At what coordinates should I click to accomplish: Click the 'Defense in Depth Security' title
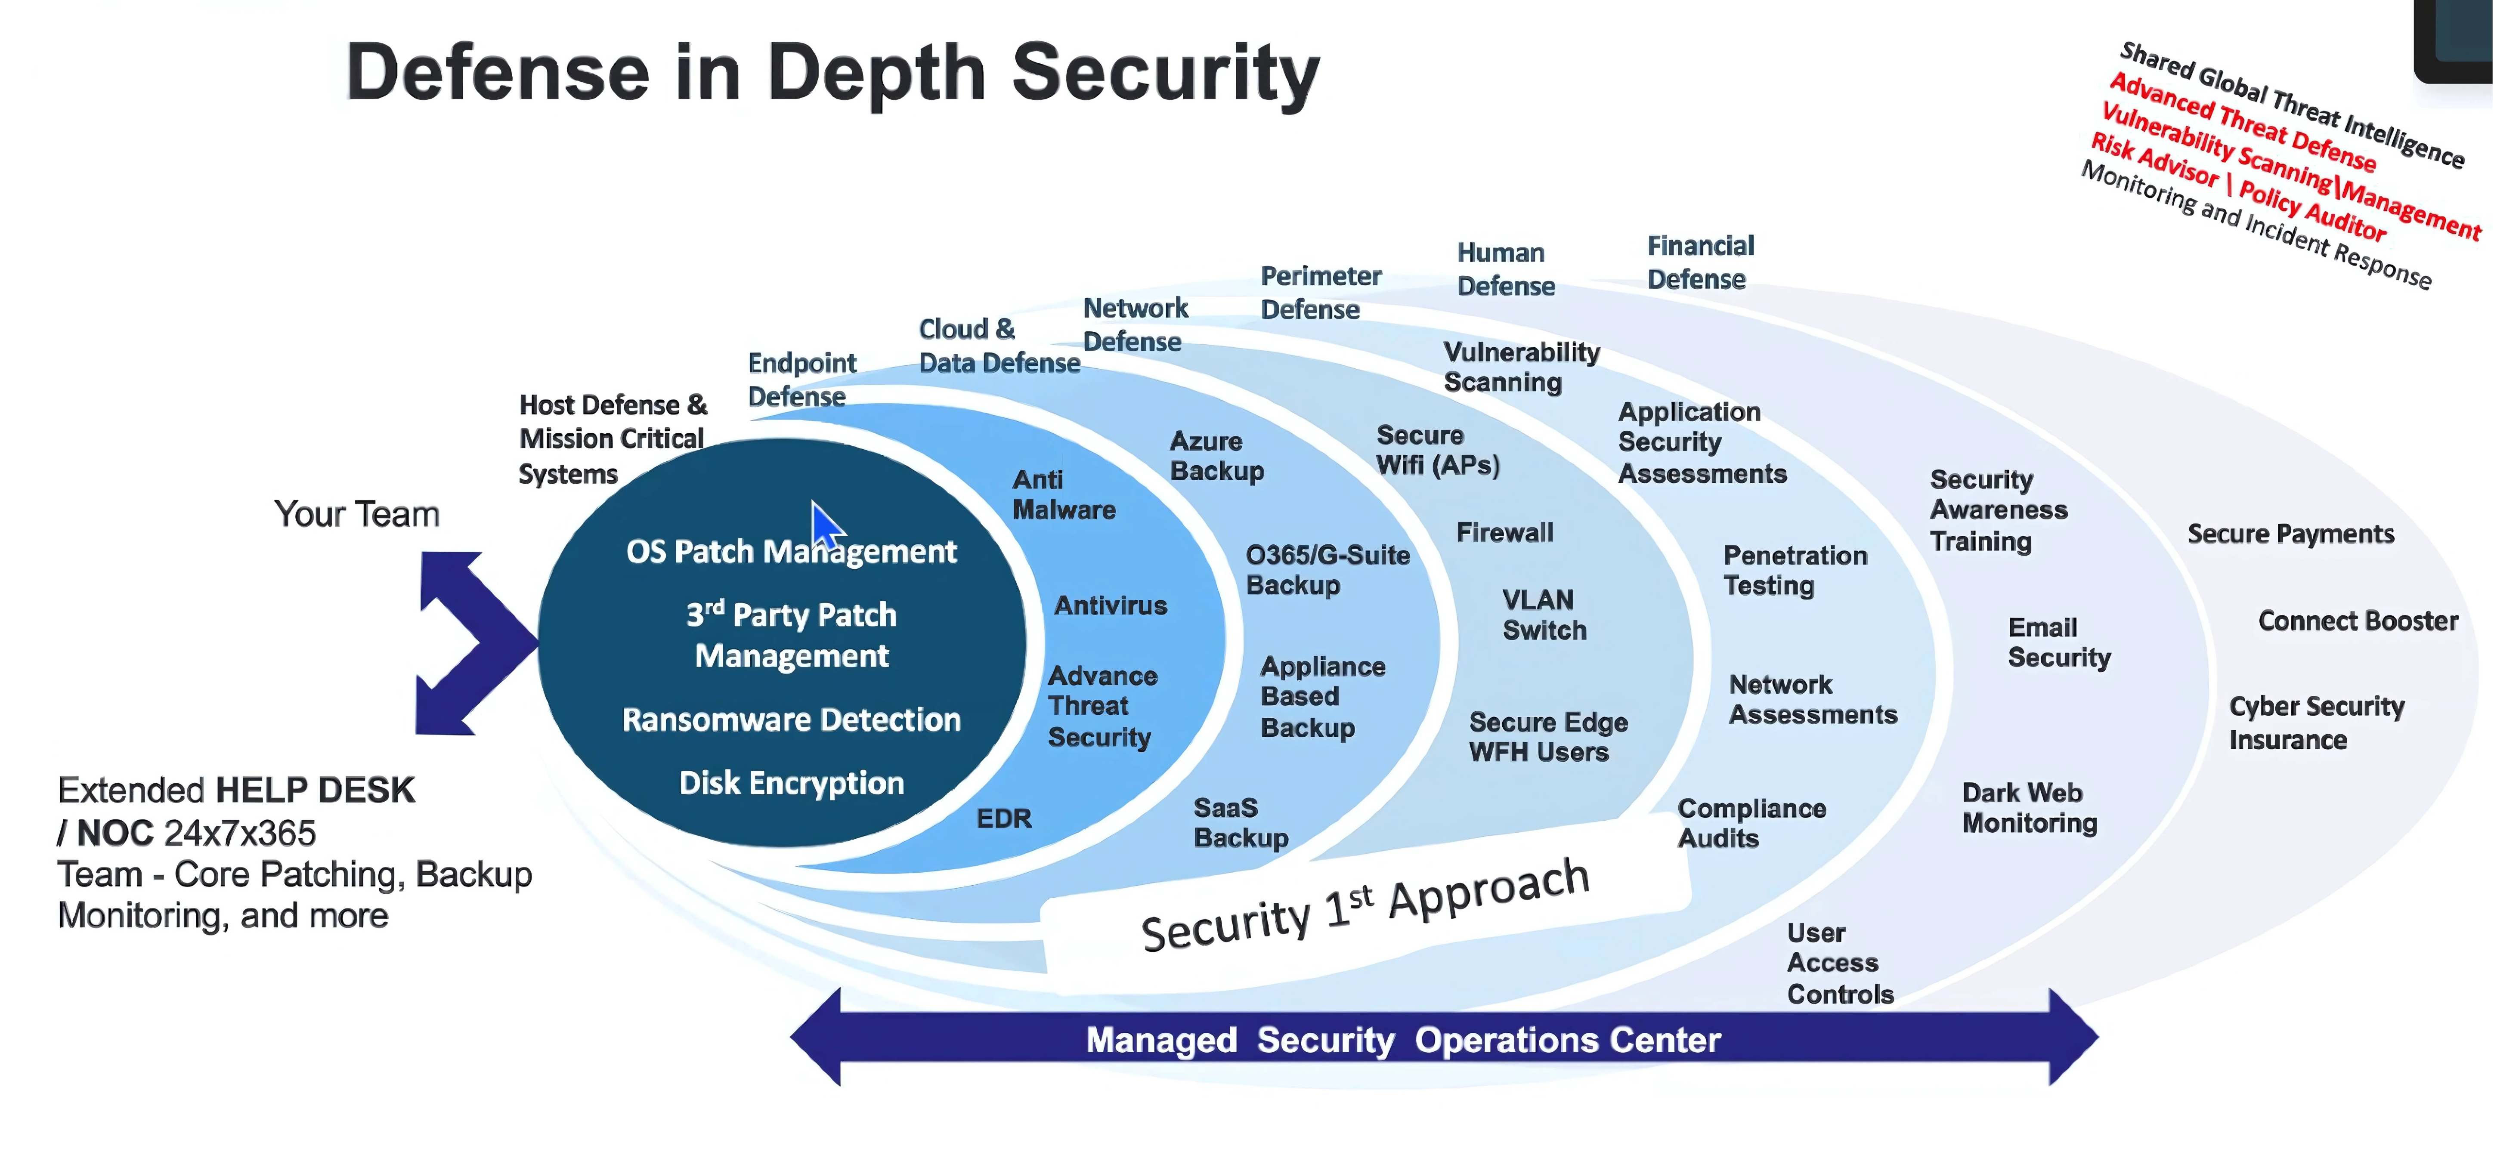pos(832,73)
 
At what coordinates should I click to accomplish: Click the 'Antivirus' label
pos(1111,606)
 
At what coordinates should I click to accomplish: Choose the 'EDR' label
pos(1004,819)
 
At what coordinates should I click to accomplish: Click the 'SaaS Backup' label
pos(1240,823)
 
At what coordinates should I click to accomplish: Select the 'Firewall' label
pos(1504,532)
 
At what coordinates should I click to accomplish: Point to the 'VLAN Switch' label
pos(1544,615)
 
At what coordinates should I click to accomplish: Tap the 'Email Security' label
pos(2058,643)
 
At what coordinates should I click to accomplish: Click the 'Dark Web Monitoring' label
pos(2029,807)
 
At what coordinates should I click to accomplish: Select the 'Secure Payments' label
pos(2291,534)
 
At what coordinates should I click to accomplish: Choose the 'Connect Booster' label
pos(2358,621)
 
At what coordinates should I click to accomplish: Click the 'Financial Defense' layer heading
pos(1700,262)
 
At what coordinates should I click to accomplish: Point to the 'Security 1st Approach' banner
pos(1365,905)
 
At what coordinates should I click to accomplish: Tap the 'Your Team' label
pos(356,514)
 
